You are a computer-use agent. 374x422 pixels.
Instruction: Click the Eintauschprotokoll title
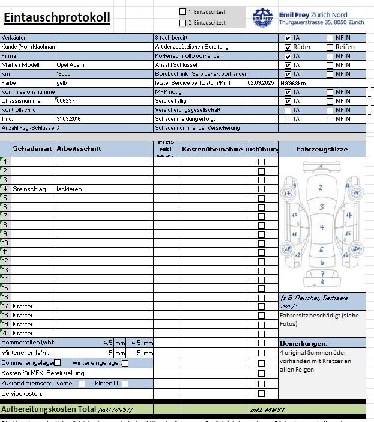coord(56,17)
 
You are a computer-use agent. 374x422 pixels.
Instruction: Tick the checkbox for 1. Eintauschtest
coord(183,11)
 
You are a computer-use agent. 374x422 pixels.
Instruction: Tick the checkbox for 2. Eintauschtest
coord(183,23)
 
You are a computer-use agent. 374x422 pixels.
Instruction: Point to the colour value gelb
coord(61,82)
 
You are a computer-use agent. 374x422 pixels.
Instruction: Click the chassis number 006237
coord(65,101)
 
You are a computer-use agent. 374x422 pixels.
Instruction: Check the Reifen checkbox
coord(330,47)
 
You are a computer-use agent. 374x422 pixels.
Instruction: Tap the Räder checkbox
coord(288,47)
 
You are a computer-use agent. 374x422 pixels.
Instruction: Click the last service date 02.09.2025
coord(260,83)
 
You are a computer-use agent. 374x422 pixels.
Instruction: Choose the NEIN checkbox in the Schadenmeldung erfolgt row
coord(330,119)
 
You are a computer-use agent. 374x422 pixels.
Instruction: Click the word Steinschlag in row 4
coord(29,189)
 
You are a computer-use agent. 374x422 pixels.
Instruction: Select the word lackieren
coord(69,189)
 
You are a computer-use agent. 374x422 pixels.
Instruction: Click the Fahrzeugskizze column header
coord(321,149)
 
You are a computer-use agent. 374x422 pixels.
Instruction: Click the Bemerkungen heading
coord(303,343)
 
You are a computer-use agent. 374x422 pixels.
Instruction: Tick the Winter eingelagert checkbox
coord(125,363)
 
